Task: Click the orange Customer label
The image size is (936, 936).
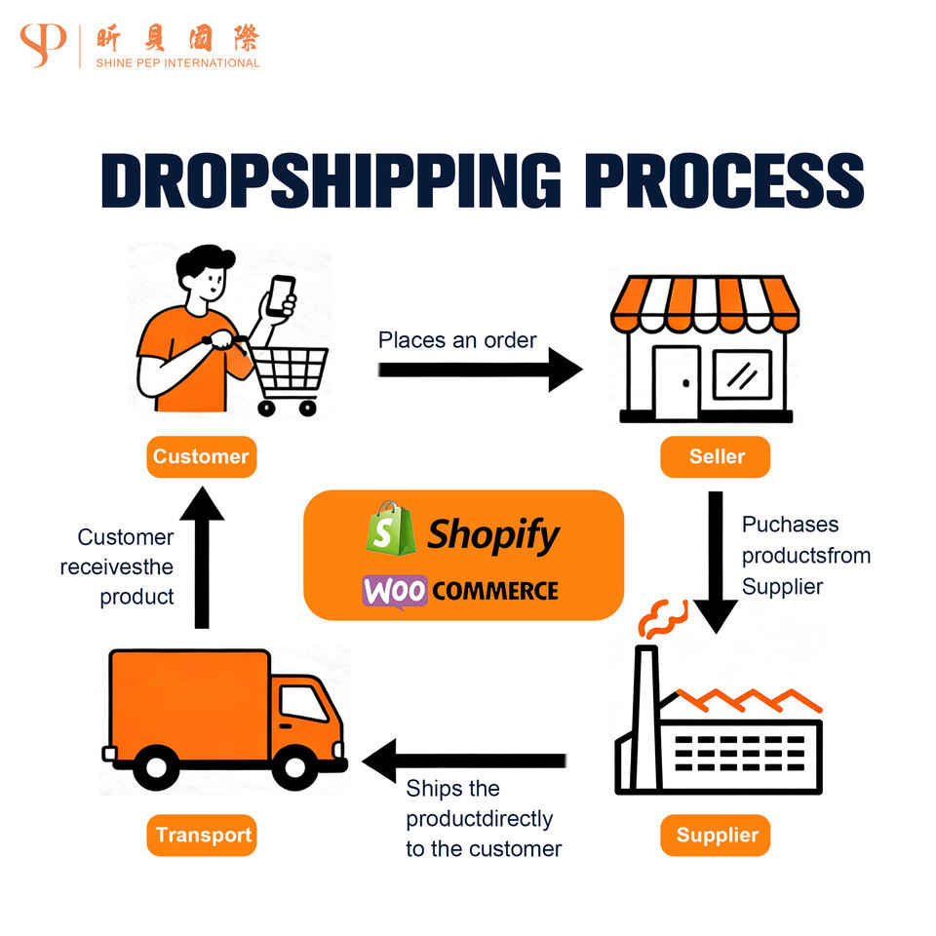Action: pos(201,456)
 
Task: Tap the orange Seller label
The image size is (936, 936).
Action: pos(716,456)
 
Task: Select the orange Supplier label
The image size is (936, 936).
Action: pos(716,835)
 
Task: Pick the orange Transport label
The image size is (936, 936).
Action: pos(202,835)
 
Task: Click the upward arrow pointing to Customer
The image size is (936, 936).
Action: pos(203,556)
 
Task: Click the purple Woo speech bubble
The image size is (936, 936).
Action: pos(395,592)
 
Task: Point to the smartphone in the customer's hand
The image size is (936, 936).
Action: pos(282,294)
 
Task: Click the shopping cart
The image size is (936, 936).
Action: pos(287,375)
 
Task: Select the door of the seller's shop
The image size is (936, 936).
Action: pos(676,378)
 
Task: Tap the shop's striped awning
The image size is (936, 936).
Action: pos(704,303)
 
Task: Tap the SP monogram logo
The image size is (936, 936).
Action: pos(42,45)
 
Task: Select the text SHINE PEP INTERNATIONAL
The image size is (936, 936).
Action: pos(177,63)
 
